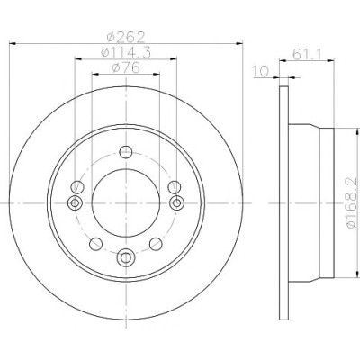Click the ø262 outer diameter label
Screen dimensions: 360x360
click(x=126, y=37)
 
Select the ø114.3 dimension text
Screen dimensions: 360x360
click(x=126, y=53)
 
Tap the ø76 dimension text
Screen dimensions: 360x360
click(x=126, y=67)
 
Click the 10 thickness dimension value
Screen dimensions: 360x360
click(x=260, y=72)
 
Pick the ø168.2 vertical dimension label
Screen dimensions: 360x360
click(x=352, y=202)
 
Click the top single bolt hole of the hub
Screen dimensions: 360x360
click(x=126, y=152)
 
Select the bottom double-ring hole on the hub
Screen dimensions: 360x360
click(x=125, y=257)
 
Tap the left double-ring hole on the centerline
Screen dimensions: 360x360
click(x=75, y=203)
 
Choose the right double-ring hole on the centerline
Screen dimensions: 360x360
click(x=176, y=203)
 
